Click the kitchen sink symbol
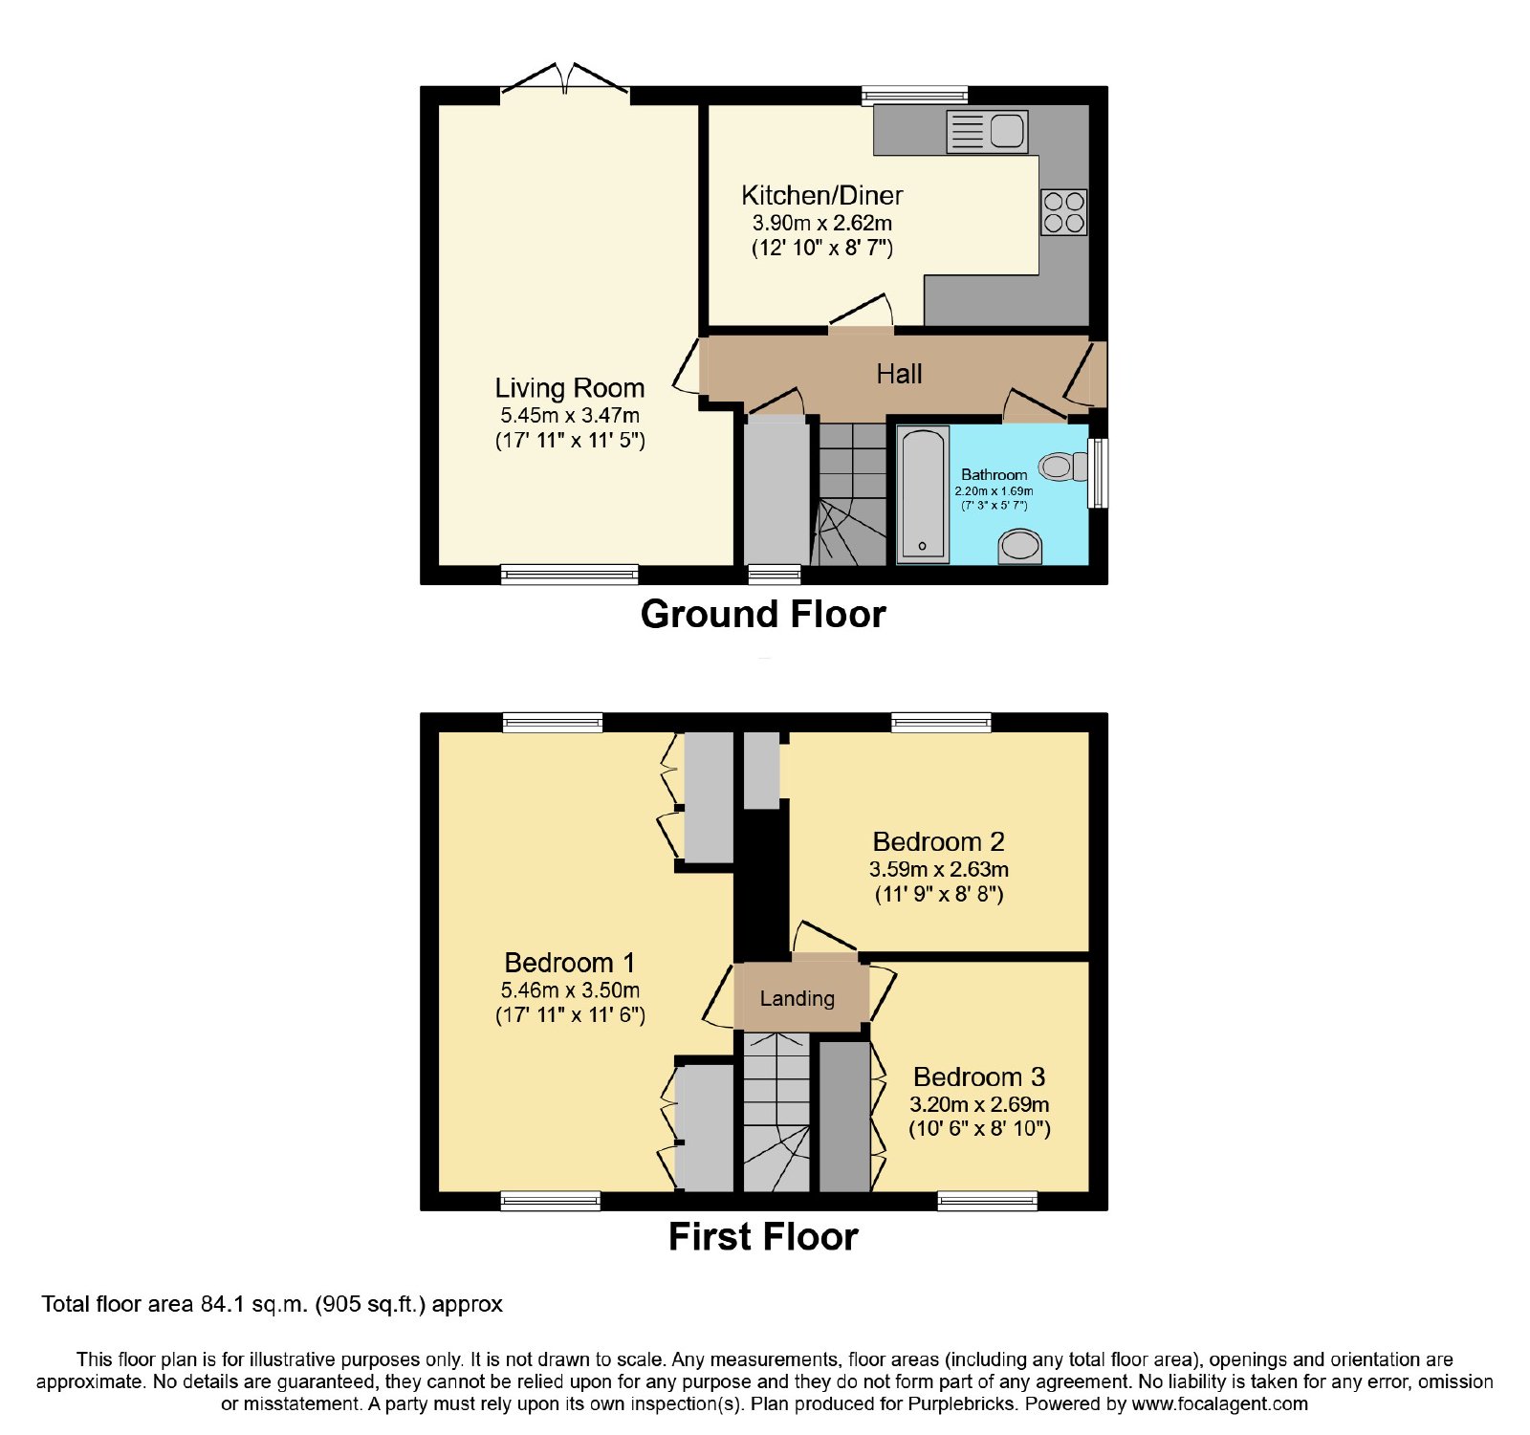(x=987, y=132)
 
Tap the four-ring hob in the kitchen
(x=1063, y=211)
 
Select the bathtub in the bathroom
(x=923, y=494)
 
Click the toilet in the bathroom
(x=1063, y=467)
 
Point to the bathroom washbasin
(x=1018, y=546)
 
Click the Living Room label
(x=569, y=388)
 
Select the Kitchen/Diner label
(x=821, y=196)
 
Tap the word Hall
(x=899, y=374)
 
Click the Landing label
(x=797, y=999)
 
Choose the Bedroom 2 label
(x=938, y=842)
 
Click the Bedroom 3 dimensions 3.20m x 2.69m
(x=979, y=1104)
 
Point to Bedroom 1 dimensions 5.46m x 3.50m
(x=570, y=990)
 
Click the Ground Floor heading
(x=763, y=614)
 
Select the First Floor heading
(x=763, y=1237)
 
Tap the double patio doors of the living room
(x=565, y=79)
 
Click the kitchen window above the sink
(x=914, y=95)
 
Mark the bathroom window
(x=1099, y=472)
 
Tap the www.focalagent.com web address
(x=1219, y=1404)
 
